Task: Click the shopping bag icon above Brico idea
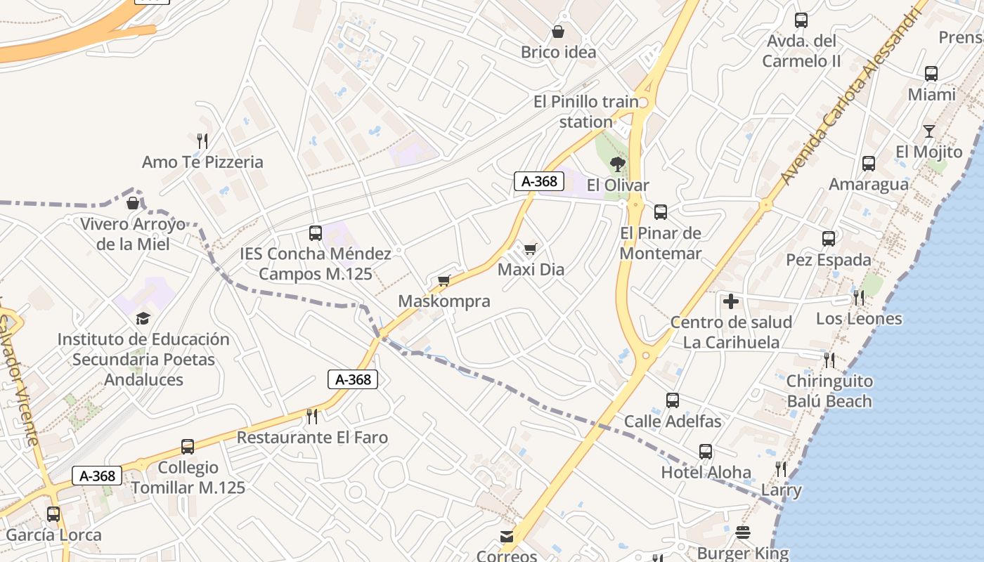[x=558, y=32]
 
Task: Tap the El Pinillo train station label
[x=586, y=112]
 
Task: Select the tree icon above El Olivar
[x=618, y=164]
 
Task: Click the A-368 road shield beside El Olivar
[x=539, y=181]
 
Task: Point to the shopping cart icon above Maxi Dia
[x=531, y=249]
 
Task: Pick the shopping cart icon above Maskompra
[x=444, y=281]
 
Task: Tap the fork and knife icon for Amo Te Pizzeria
[x=202, y=141]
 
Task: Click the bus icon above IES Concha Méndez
[x=316, y=233]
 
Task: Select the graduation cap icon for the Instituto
[x=143, y=318]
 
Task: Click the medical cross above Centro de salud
[x=731, y=302]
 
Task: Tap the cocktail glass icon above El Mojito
[x=929, y=131]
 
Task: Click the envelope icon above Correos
[x=507, y=537]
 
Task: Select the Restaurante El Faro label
[x=312, y=438]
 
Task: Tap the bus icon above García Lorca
[x=53, y=514]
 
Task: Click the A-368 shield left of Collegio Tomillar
[x=97, y=476]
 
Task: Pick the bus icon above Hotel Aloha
[x=706, y=452]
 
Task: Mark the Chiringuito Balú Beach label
[x=829, y=391]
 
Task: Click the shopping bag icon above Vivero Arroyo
[x=132, y=203]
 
